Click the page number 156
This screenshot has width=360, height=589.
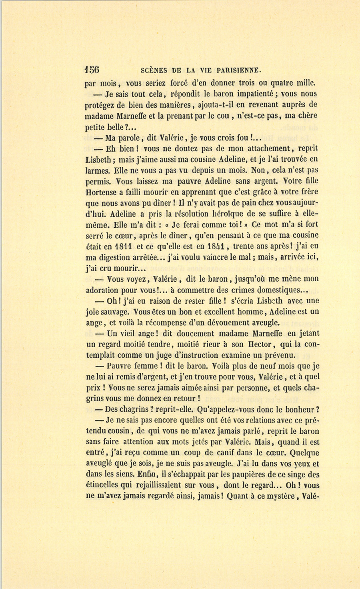(92, 70)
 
